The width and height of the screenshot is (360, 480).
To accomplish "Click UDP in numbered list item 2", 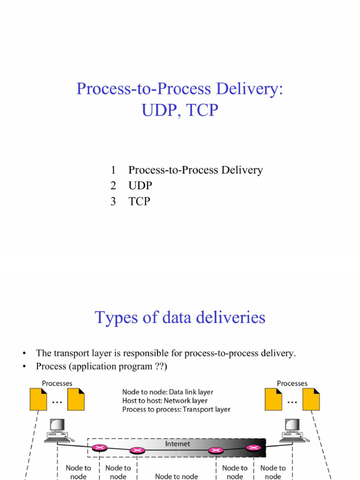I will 140,186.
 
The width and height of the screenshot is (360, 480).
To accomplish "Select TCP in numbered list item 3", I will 139,202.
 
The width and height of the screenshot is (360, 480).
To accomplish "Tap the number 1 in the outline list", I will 113,170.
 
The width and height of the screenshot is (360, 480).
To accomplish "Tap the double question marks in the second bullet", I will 159,366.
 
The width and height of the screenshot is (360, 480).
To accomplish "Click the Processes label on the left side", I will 57,383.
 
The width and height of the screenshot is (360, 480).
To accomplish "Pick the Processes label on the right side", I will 292,383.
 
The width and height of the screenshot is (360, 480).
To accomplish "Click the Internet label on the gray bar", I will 177,443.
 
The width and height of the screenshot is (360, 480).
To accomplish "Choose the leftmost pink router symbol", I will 98,448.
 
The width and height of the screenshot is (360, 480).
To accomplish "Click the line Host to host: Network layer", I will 165,401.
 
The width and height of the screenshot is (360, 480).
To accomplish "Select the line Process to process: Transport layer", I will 176,410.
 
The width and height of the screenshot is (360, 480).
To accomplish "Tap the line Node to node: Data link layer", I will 167,392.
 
